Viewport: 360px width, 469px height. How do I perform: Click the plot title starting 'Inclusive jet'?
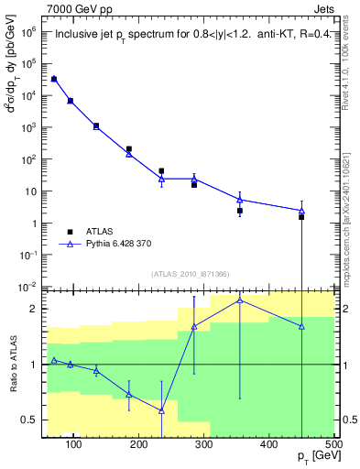[x=190, y=36]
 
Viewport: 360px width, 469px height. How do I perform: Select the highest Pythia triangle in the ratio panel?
[x=240, y=300]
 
